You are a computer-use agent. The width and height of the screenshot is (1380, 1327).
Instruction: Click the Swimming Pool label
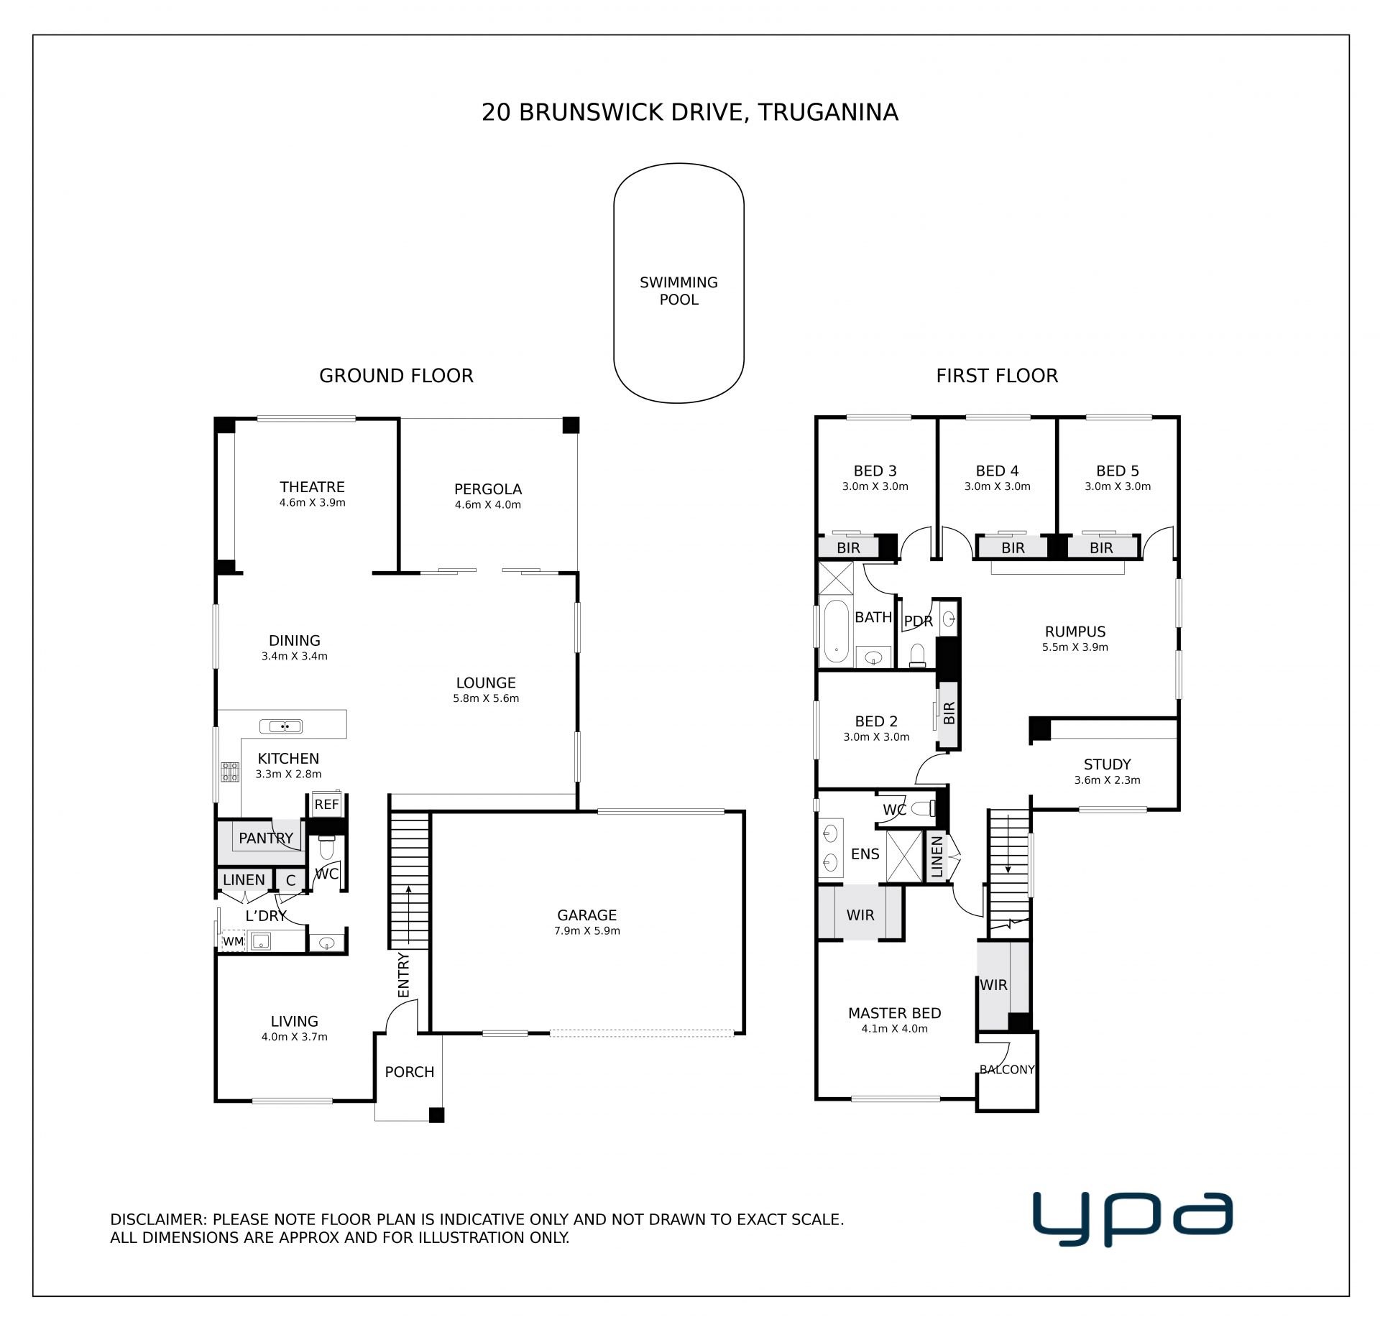pos(678,291)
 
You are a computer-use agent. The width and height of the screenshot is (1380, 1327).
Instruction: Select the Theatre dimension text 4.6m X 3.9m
pos(313,503)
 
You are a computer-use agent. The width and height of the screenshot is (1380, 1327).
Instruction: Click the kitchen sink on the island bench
pos(285,726)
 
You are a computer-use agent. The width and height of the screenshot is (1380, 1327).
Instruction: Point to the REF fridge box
pos(326,804)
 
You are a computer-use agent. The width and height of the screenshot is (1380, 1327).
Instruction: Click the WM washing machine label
pos(233,941)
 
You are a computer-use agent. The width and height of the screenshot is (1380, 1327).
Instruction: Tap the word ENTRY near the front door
pos(404,975)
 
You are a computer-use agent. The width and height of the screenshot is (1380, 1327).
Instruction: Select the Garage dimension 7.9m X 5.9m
pos(587,931)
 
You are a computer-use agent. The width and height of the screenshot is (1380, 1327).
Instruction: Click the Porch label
pos(410,1072)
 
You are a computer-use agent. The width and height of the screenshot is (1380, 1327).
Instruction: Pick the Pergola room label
pos(488,489)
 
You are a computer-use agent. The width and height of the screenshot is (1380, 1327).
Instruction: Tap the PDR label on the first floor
pos(918,621)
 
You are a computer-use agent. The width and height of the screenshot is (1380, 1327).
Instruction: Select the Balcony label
pos(1007,1070)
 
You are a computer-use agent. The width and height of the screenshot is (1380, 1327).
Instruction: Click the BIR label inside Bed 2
pos(949,713)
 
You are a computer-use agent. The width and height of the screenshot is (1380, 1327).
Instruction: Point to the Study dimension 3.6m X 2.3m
pos(1108,780)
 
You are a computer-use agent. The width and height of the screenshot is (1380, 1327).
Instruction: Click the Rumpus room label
pos(1075,632)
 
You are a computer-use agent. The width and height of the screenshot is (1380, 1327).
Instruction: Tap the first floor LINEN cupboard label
pos(937,857)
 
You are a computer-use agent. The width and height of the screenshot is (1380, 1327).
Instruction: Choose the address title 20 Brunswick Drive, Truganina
pos(690,113)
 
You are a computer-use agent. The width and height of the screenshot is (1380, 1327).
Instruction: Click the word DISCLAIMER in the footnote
pos(158,1219)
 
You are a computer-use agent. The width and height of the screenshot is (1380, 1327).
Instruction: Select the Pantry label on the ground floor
pos(266,838)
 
